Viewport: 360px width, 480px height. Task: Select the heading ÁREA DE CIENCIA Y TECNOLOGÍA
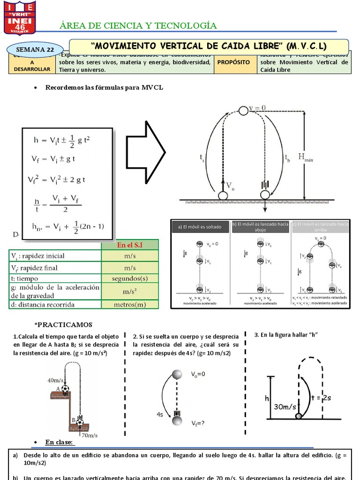(139, 25)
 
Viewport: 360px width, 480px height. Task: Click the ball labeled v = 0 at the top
(243, 111)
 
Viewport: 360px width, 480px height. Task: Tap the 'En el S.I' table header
(130, 245)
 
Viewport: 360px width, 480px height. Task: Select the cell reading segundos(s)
(130, 278)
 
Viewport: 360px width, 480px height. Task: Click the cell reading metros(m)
(130, 304)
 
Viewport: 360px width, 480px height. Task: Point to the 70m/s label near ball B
(89, 435)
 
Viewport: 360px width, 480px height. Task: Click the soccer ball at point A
(65, 389)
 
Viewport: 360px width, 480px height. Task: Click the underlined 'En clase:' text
(59, 442)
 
